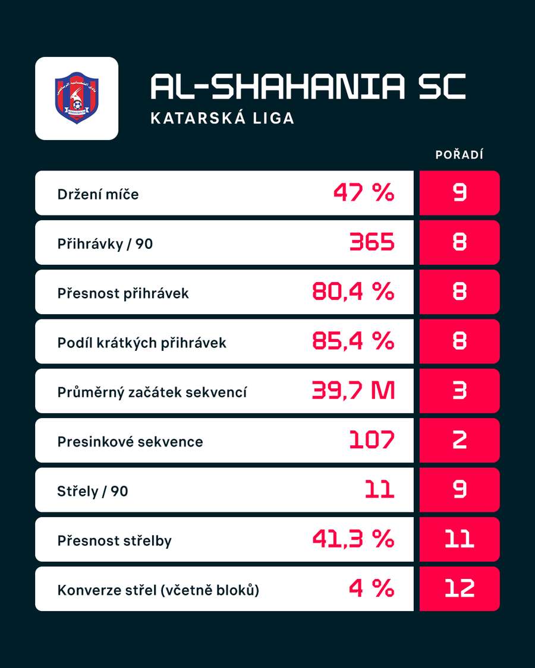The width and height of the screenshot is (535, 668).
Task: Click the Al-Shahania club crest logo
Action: [77, 98]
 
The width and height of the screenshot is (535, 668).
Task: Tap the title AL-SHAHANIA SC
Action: [308, 87]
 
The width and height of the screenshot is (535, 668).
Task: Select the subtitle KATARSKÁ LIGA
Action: [222, 118]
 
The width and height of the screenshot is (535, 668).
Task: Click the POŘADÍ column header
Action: [459, 154]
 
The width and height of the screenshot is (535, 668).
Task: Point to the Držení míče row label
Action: [98, 194]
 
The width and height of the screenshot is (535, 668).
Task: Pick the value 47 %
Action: [364, 192]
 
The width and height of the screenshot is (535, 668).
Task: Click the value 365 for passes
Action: [372, 242]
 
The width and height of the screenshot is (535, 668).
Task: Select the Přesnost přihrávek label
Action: [123, 293]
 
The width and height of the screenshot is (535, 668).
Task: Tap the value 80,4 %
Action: [353, 292]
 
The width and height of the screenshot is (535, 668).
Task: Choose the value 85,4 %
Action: [353, 341]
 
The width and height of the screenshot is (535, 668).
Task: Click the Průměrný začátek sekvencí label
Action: [152, 392]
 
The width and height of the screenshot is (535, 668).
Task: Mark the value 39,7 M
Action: [353, 391]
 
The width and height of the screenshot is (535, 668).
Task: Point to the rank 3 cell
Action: [460, 391]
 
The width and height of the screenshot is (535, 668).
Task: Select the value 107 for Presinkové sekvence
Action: [372, 440]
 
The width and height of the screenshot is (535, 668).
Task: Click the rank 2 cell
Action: [460, 440]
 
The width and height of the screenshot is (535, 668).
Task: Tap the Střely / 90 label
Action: [93, 491]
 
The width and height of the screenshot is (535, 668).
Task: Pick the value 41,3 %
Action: [353, 539]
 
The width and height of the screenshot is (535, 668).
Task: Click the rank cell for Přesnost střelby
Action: [460, 539]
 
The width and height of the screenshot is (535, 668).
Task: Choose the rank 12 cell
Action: [460, 588]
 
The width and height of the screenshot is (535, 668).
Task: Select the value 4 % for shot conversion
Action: [372, 588]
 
